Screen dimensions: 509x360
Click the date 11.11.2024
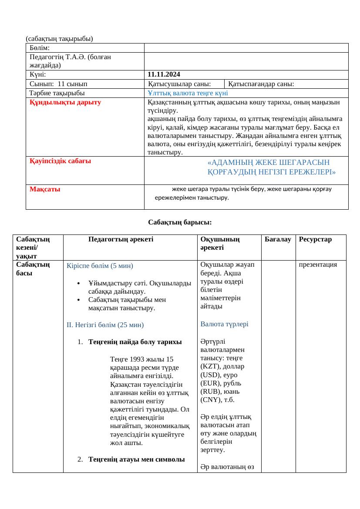(164, 74)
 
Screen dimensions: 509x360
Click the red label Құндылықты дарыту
(65, 102)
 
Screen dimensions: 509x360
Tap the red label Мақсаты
(45, 189)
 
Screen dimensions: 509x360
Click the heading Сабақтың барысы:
(180, 222)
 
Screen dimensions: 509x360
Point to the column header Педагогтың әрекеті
(120, 239)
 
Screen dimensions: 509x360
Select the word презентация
(318, 264)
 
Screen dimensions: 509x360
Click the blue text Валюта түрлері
(224, 324)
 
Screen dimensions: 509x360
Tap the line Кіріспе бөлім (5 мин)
(100, 265)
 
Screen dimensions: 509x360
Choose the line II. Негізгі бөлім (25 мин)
(105, 325)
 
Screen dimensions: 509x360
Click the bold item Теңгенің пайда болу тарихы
(135, 342)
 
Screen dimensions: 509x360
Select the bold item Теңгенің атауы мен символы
(136, 459)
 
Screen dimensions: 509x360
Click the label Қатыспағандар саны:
(261, 84)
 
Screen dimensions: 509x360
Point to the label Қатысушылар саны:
(179, 84)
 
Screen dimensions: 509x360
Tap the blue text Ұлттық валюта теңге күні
(188, 93)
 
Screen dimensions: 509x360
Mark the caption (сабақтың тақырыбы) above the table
(60, 38)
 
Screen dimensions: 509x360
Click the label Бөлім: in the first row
(40, 47)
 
